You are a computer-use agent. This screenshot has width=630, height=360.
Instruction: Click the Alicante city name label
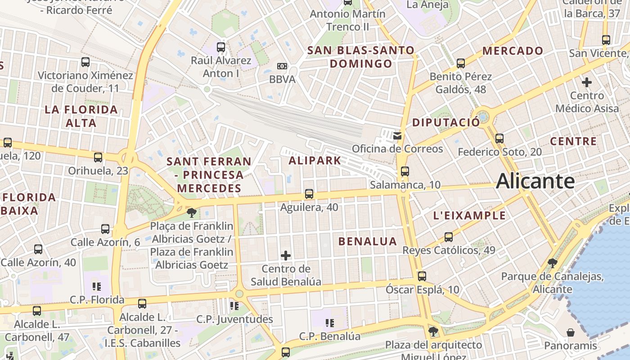535,181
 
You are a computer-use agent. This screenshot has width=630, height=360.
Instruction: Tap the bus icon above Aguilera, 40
309,194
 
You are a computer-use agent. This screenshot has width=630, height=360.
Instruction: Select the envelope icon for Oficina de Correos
397,135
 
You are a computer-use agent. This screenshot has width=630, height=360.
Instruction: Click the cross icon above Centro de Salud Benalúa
286,256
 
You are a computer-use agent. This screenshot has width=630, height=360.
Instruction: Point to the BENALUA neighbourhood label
368,241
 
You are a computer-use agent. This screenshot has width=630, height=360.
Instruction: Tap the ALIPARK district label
315,160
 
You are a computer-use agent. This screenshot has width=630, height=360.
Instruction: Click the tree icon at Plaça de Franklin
192,212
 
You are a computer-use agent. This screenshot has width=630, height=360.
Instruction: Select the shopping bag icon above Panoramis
571,333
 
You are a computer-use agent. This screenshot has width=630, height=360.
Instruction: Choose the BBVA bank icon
282,66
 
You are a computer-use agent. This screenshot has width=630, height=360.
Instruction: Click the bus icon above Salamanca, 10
405,171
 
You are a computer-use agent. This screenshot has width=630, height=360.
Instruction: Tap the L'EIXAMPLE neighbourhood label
469,216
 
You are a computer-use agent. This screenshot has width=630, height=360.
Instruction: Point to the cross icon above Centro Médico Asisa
587,82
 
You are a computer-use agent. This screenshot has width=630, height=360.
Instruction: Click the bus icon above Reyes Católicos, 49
448,237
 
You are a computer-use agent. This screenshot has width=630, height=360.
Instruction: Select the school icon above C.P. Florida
96,286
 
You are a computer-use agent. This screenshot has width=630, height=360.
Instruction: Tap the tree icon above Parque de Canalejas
552,263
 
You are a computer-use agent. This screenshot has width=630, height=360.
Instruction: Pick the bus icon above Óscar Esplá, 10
422,276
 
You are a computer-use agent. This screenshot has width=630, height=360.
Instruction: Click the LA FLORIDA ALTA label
81,116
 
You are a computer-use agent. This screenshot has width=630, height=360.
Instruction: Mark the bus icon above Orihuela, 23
98,157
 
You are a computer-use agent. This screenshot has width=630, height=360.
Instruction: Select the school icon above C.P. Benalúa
330,323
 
